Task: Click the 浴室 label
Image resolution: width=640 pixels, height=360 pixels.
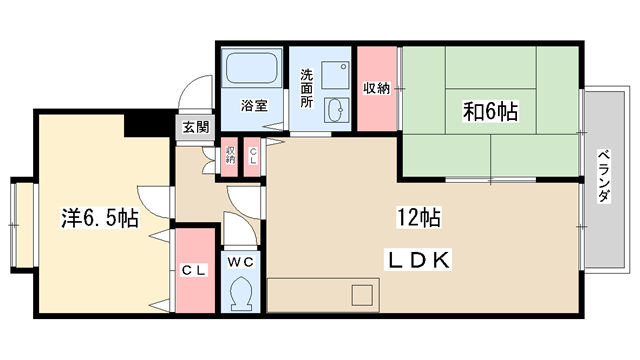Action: pos(252,104)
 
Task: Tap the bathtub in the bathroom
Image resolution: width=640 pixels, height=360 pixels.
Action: pos(254,69)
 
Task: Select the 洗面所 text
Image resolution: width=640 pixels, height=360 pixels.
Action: pos(307,87)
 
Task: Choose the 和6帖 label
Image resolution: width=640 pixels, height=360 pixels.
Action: pos(490,110)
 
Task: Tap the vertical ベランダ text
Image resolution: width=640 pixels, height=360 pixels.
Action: pos(604,177)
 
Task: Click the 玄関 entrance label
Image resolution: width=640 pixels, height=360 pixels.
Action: pos(195,127)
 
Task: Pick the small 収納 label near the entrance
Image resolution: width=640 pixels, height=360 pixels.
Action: pos(231,154)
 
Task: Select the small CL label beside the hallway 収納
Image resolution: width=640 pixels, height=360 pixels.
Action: pos(253,154)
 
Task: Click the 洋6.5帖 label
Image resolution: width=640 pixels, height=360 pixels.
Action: pos(97,217)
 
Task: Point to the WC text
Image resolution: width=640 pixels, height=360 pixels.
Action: pos(240,261)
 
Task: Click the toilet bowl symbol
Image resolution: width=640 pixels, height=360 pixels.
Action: pos(240,294)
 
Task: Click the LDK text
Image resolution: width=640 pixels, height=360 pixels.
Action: pos(420,259)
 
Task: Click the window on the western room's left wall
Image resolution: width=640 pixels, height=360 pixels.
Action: pos(17,225)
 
